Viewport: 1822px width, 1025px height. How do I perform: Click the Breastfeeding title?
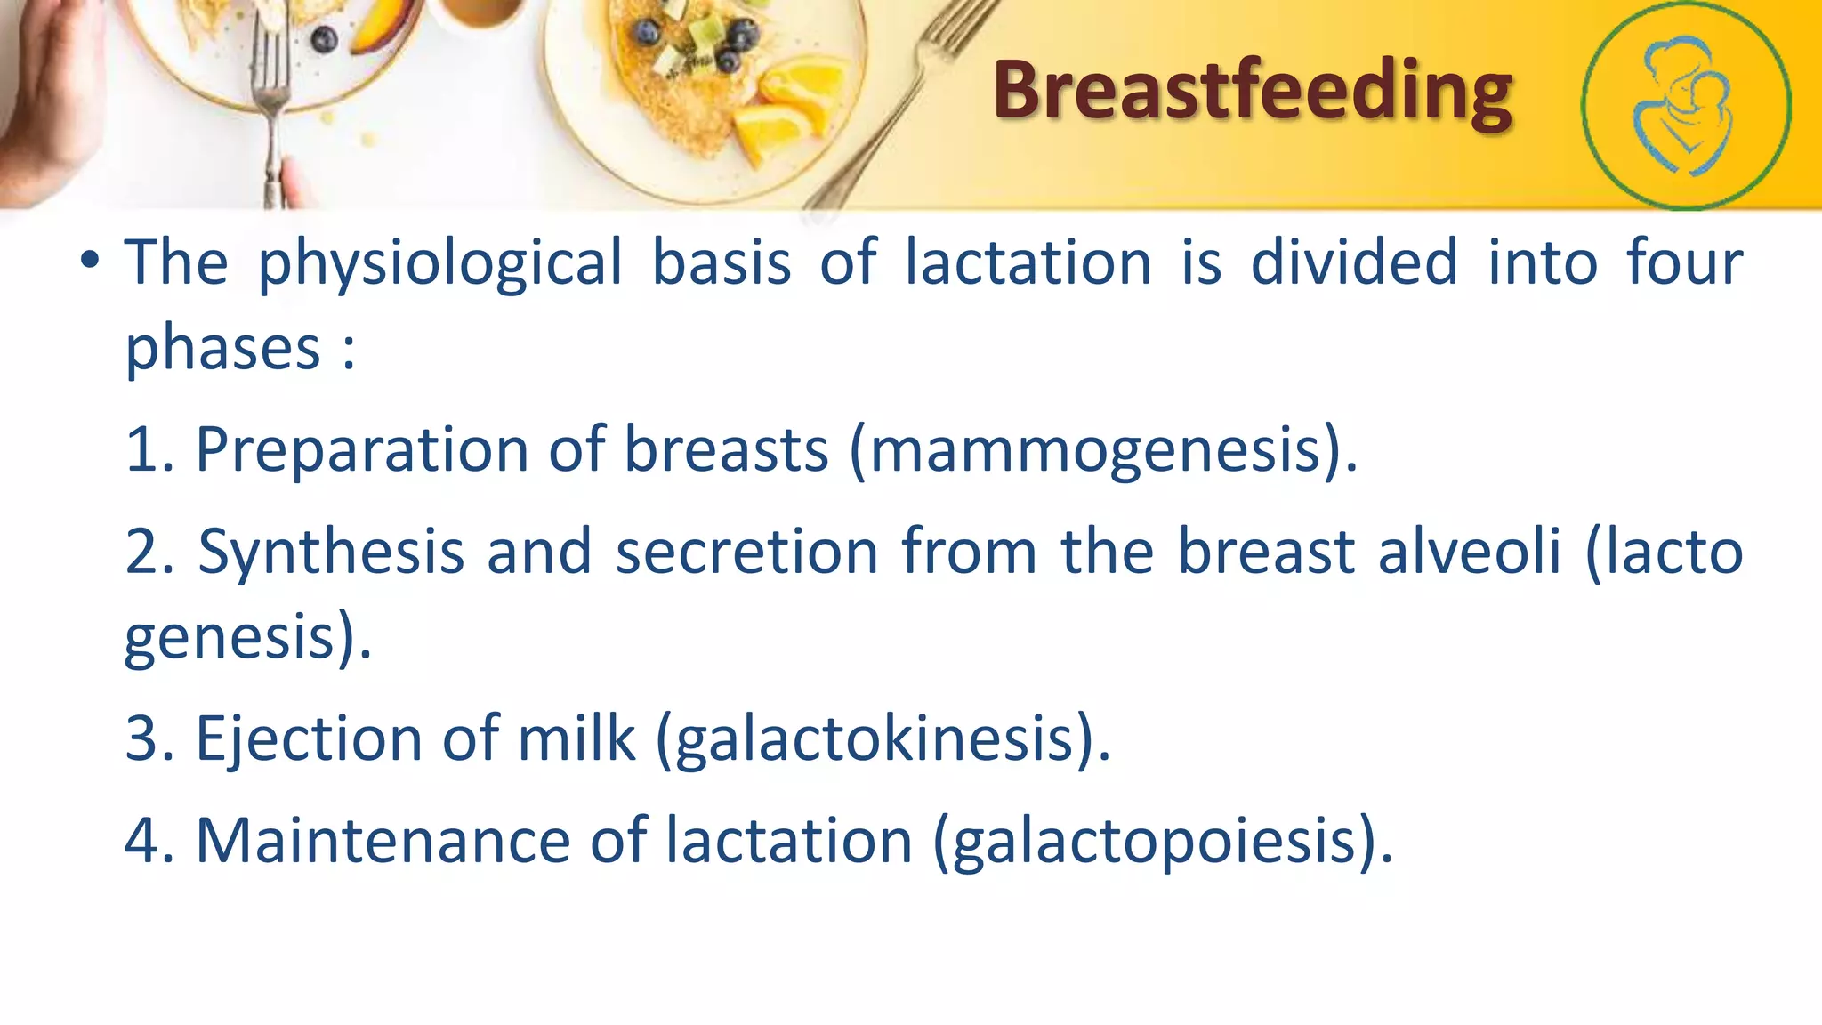(x=1252, y=91)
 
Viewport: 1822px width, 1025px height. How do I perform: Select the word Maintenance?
(x=383, y=842)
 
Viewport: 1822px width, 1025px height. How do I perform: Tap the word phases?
(x=222, y=348)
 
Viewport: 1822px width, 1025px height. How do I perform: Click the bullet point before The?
(x=89, y=262)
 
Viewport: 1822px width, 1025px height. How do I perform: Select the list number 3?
(x=142, y=739)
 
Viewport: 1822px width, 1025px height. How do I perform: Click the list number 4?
(x=142, y=842)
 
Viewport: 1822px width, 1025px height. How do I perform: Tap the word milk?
(x=576, y=739)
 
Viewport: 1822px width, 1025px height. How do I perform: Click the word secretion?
(x=747, y=553)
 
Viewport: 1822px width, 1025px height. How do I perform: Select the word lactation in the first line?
(x=1028, y=263)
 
